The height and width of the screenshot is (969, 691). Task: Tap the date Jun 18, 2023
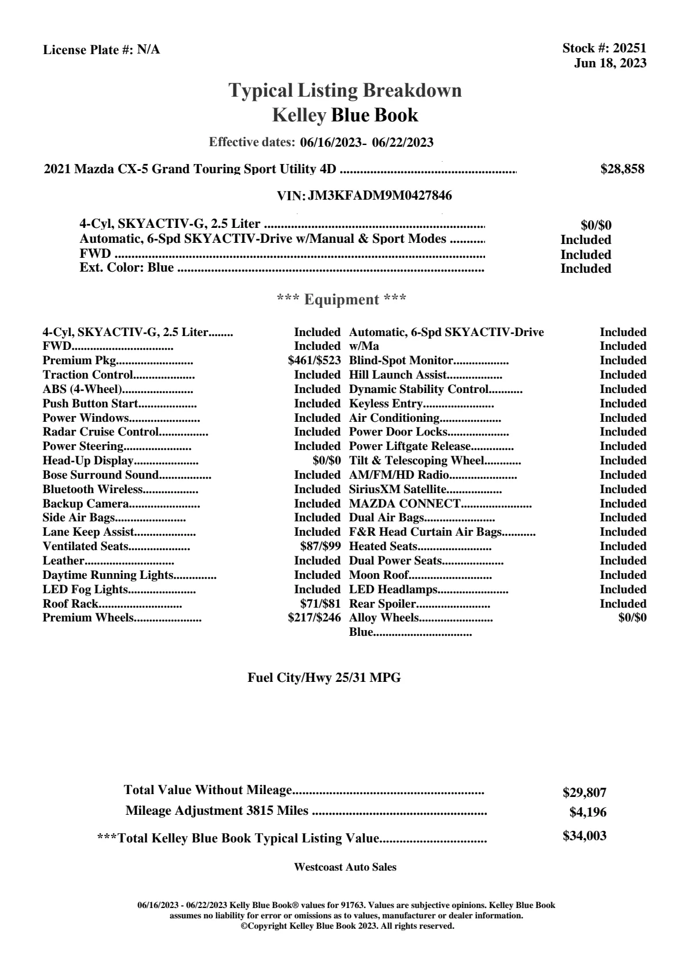(610, 63)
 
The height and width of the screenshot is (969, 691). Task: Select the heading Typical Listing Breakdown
(345, 90)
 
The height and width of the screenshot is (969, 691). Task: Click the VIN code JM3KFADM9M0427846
(380, 196)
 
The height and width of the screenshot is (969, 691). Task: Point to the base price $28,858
(622, 169)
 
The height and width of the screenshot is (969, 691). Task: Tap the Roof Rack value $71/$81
(320, 604)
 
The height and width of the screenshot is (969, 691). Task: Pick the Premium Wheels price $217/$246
(314, 618)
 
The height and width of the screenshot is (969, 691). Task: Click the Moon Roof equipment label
(379, 575)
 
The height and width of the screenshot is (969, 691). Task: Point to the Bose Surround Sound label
(100, 475)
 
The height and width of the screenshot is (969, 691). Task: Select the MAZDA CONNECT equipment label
(404, 503)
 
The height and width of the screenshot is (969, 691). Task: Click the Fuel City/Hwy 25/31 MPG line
(324, 678)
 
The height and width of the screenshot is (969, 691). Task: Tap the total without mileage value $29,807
(584, 793)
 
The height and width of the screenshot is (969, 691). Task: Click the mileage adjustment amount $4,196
(587, 812)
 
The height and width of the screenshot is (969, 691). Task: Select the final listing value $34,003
(584, 836)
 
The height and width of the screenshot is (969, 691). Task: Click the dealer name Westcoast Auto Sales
(345, 867)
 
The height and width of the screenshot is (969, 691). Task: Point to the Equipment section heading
(342, 300)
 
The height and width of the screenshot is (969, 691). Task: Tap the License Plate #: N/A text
(101, 50)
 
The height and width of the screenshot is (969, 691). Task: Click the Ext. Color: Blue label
(127, 268)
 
